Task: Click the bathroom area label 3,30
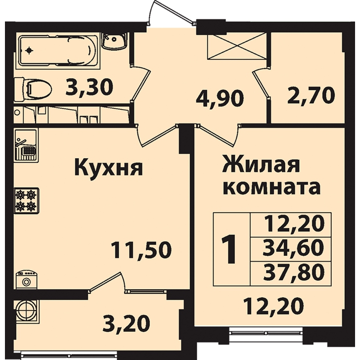click(89, 87)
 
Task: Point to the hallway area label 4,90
click(220, 99)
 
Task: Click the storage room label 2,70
click(311, 95)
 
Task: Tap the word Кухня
click(108, 168)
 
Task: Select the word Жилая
click(262, 165)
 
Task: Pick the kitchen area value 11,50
click(141, 250)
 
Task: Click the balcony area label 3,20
click(126, 323)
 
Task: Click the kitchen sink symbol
click(26, 145)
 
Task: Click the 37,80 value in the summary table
click(293, 272)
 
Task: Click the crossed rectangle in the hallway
click(237, 46)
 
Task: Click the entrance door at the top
click(172, 11)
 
